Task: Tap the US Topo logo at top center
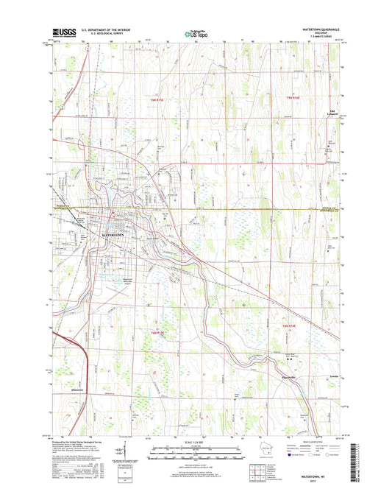(x=193, y=32)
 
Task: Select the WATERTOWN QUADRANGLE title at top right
(x=318, y=29)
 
